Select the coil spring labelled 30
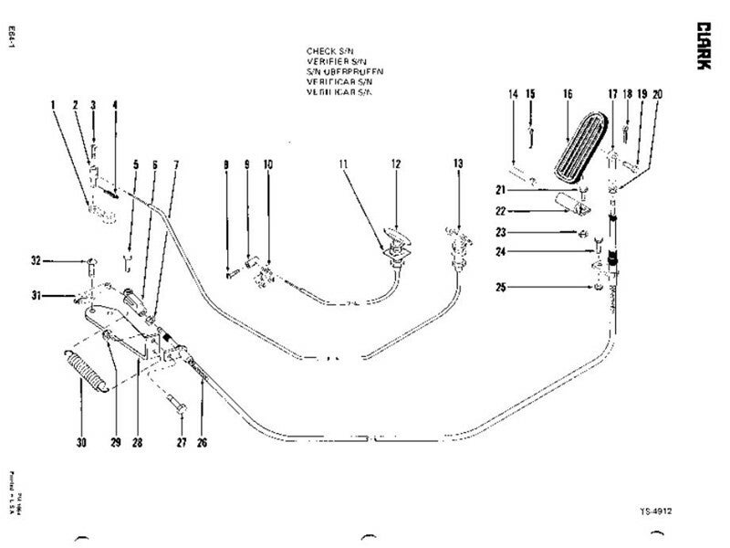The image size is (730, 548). pos(89,373)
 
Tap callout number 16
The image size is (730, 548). pos(567,94)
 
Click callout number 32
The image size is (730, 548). pos(35,261)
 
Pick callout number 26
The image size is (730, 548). pos(202,443)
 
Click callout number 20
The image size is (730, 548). pos(658,94)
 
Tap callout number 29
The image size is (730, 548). pos(116,443)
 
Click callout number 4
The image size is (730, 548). pos(115,104)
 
